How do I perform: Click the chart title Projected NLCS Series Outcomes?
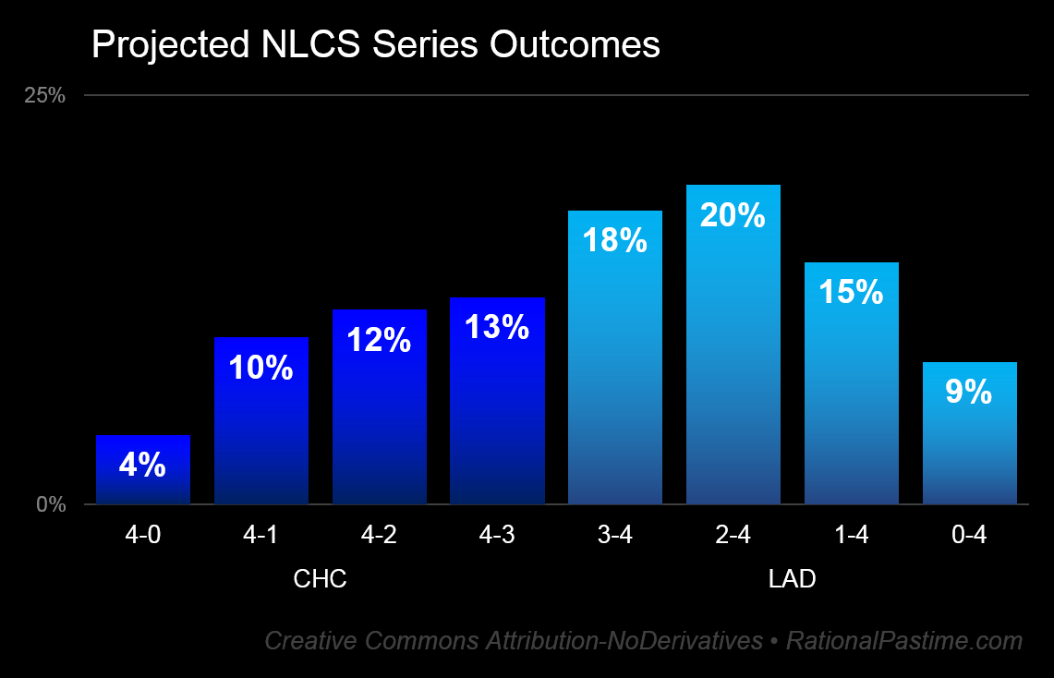[x=375, y=44]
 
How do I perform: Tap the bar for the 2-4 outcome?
[x=733, y=369]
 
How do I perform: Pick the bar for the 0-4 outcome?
[x=969, y=453]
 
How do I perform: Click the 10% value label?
[x=260, y=369]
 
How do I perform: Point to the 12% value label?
[x=379, y=340]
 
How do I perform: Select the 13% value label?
[x=497, y=327]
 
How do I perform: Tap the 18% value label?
[x=615, y=240]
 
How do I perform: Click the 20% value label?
[x=733, y=215]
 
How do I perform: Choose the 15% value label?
[x=852, y=292]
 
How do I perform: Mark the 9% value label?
[x=969, y=393]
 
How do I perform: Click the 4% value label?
[x=143, y=465]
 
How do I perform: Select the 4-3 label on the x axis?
[x=497, y=535]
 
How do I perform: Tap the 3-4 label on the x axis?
[x=615, y=535]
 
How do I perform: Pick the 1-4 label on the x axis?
[x=852, y=535]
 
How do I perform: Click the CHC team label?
[x=320, y=579]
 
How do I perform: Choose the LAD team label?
[x=793, y=579]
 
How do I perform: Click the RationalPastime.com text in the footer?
[x=904, y=640]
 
